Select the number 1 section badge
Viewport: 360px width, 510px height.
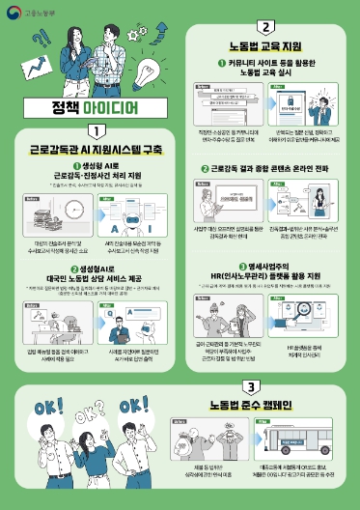tap(95, 129)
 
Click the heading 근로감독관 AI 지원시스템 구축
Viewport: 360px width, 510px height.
tap(95, 149)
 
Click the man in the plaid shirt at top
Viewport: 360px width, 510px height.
tap(106, 48)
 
